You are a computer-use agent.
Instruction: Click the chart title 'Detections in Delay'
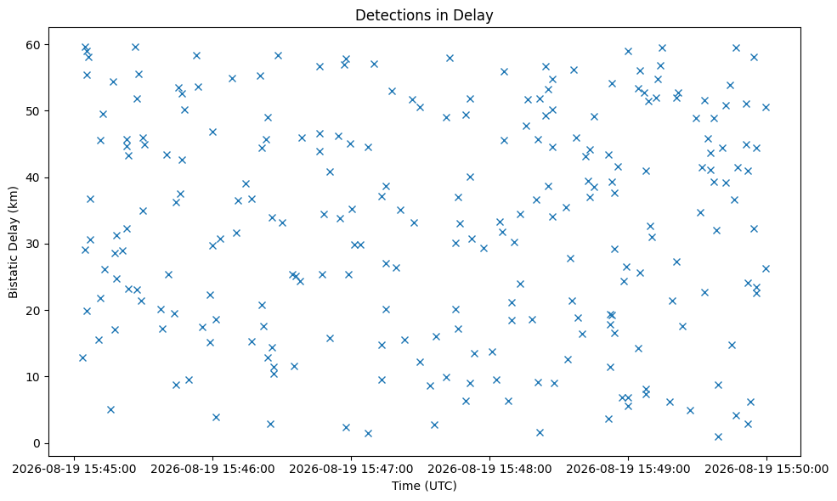pyautogui.click(x=424, y=15)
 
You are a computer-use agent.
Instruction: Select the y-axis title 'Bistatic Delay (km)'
pyautogui.click(x=13, y=242)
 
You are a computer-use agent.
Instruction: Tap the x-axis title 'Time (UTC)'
pyautogui.click(x=424, y=486)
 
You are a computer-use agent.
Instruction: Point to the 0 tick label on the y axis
pyautogui.click(x=37, y=443)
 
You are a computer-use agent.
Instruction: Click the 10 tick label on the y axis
pyautogui.click(x=34, y=377)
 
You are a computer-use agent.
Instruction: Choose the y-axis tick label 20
pyautogui.click(x=34, y=311)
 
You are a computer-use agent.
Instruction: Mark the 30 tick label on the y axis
pyautogui.click(x=34, y=244)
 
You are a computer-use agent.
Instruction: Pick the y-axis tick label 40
pyautogui.click(x=34, y=177)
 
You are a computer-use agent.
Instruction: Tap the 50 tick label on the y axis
pyautogui.click(x=34, y=111)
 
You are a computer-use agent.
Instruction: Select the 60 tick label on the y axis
pyautogui.click(x=34, y=45)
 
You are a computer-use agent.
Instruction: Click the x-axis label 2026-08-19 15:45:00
pyautogui.click(x=74, y=469)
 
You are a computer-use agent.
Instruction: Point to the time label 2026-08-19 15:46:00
pyautogui.click(x=212, y=469)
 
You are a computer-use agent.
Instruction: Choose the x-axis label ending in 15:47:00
pyautogui.click(x=351, y=469)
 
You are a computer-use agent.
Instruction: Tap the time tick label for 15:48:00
pyautogui.click(x=489, y=469)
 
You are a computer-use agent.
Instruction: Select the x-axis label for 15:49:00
pyautogui.click(x=628, y=469)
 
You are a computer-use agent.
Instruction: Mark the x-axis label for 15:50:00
pyautogui.click(x=766, y=469)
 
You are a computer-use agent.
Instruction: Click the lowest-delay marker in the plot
pyautogui.click(x=718, y=437)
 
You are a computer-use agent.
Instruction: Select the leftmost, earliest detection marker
pyautogui.click(x=82, y=358)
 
